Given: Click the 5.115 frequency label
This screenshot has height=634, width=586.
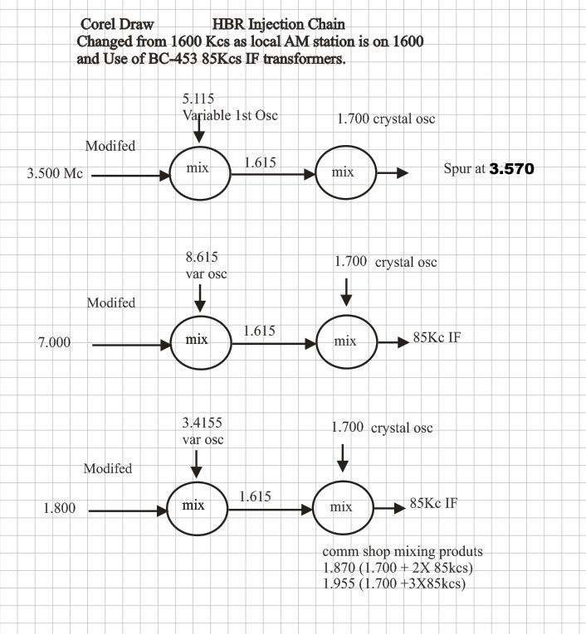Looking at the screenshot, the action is [x=198, y=99].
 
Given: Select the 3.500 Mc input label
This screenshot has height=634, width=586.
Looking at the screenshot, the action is [x=55, y=173].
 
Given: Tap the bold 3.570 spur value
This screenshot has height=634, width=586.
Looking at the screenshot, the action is [x=511, y=168].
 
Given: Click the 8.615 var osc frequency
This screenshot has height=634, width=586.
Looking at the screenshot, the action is [x=202, y=257].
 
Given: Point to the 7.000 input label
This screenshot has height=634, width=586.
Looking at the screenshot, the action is [x=54, y=342].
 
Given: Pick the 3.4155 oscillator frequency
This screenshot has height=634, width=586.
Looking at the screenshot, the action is [x=202, y=423].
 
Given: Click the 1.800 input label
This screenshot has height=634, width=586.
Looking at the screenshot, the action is [x=60, y=508].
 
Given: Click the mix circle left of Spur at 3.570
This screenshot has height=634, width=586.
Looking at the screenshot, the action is [x=346, y=146].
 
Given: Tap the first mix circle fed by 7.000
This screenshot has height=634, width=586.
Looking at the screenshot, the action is [x=201, y=316].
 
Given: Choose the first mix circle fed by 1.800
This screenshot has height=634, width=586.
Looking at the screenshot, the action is [x=198, y=482].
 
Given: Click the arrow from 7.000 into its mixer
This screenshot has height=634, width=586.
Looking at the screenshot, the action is [x=131, y=345].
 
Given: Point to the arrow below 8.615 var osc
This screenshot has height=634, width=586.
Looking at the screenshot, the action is [x=200, y=298].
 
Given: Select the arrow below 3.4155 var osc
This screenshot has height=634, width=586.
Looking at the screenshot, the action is [x=197, y=464].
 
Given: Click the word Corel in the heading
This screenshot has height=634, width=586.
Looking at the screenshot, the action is [x=96, y=24].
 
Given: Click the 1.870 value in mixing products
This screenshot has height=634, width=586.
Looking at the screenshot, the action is [x=339, y=568].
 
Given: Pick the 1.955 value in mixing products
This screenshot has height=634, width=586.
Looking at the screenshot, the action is [x=339, y=583].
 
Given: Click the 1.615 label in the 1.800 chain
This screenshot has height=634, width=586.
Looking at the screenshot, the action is [x=255, y=496].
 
